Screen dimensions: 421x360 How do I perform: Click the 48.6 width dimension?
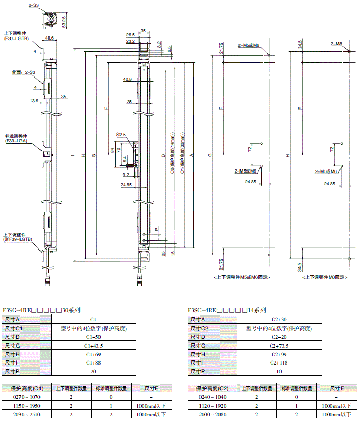click(x=50, y=38)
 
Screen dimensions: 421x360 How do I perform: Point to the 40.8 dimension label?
click(x=127, y=80)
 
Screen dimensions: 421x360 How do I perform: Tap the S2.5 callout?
click(x=121, y=135)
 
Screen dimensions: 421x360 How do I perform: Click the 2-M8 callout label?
click(x=336, y=45)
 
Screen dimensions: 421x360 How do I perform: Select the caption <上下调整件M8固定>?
click(x=325, y=277)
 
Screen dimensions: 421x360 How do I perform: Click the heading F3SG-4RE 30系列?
click(x=42, y=310)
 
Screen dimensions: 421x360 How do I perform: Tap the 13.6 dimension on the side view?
click(x=34, y=101)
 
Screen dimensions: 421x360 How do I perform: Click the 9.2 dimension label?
click(x=126, y=175)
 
